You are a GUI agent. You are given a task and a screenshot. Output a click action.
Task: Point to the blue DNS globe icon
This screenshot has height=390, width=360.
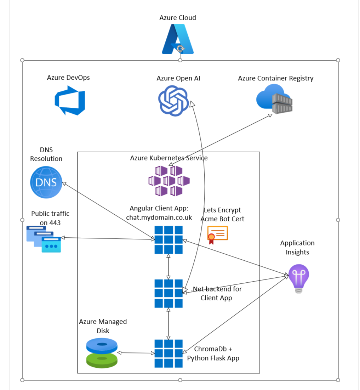click(46, 182)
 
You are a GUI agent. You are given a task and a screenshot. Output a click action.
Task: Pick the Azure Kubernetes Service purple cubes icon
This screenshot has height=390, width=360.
click(169, 181)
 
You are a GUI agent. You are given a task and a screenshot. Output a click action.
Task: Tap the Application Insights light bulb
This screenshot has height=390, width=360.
click(298, 278)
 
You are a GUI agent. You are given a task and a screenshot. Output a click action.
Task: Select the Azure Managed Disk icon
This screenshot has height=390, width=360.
click(102, 352)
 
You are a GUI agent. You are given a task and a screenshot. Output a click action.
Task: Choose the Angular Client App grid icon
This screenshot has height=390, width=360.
click(168, 240)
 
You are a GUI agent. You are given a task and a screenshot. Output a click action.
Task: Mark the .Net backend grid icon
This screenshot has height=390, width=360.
click(168, 293)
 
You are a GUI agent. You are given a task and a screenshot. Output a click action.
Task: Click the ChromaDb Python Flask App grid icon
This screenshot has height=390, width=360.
click(168, 353)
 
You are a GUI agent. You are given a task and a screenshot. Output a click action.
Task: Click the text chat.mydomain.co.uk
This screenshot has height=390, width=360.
click(159, 217)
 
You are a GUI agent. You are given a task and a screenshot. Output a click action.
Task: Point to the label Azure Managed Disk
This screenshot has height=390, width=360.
click(103, 326)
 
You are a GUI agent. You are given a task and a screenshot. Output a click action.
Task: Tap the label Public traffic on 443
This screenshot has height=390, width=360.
click(50, 218)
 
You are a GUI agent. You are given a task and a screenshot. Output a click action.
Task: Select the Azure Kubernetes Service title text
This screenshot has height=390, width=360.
click(169, 158)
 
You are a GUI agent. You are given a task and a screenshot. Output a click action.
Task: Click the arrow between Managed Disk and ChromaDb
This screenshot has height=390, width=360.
click(136, 353)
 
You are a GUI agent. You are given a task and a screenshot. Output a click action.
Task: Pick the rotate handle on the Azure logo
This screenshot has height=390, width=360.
click(180, 49)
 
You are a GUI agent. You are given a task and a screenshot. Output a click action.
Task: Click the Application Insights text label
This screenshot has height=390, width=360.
click(297, 247)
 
